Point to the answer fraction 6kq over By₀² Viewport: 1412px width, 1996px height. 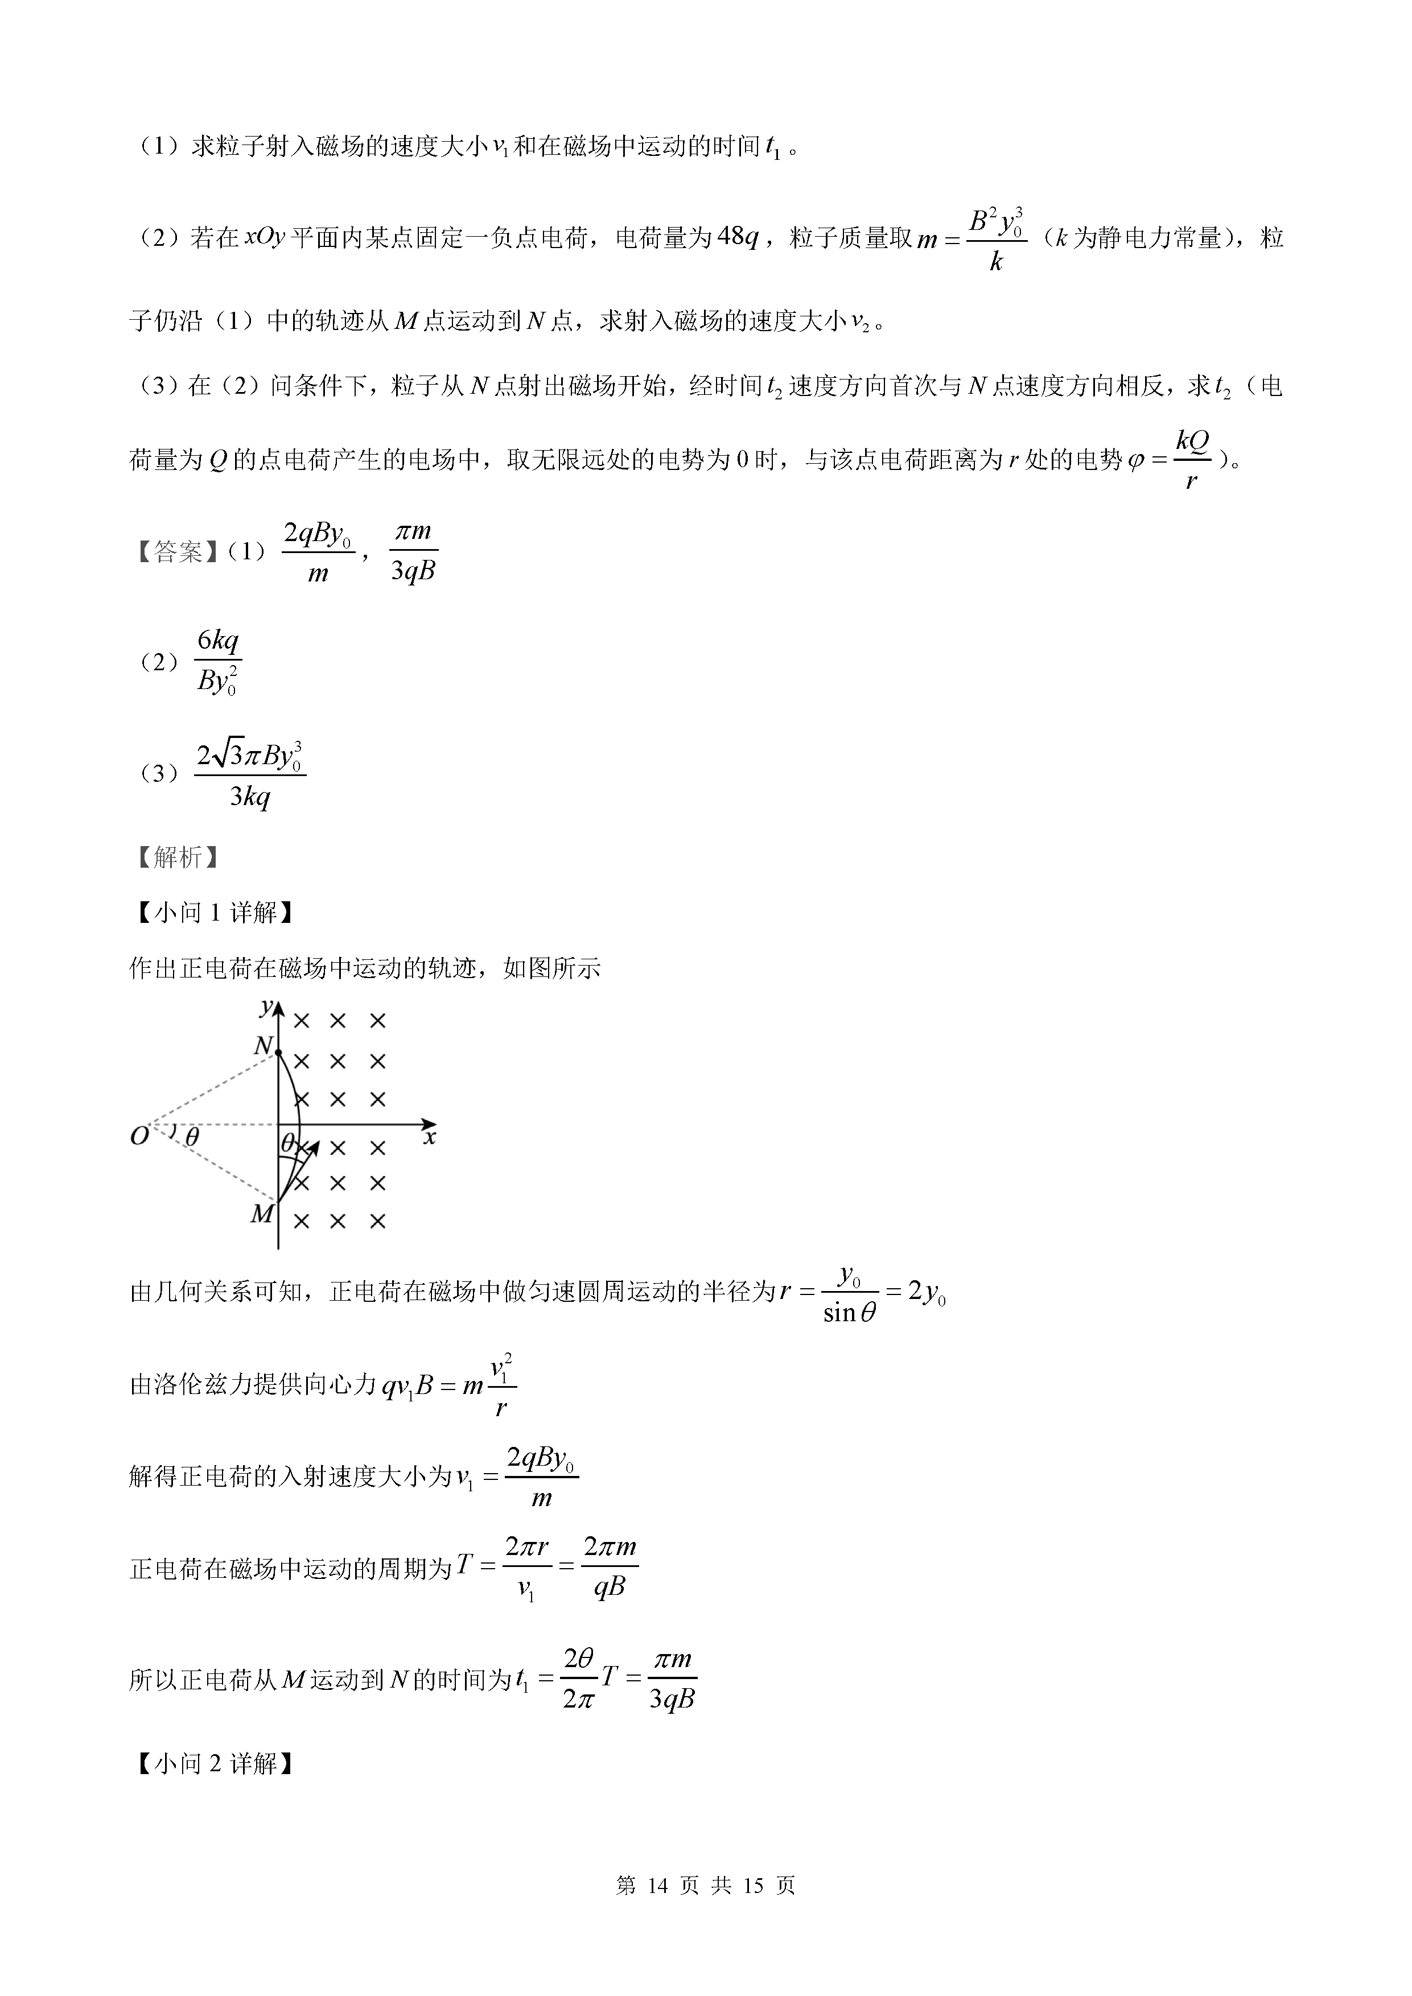coord(217,662)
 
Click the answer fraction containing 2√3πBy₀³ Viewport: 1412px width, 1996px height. coord(250,773)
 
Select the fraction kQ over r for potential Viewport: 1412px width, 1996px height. coord(1192,459)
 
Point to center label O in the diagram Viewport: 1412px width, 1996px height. coord(139,1136)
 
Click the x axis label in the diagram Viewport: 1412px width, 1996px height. coord(430,1137)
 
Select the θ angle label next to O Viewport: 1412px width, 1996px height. coord(192,1136)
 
